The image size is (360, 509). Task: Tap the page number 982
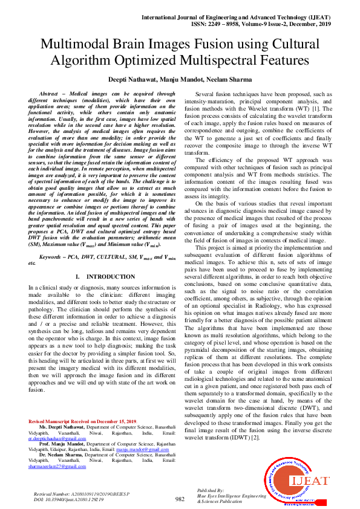tap(180, 499)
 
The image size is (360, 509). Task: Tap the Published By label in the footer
tap(211, 490)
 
